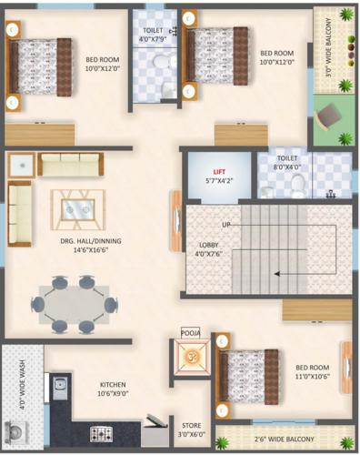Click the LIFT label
[218, 171]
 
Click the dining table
[74, 304]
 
